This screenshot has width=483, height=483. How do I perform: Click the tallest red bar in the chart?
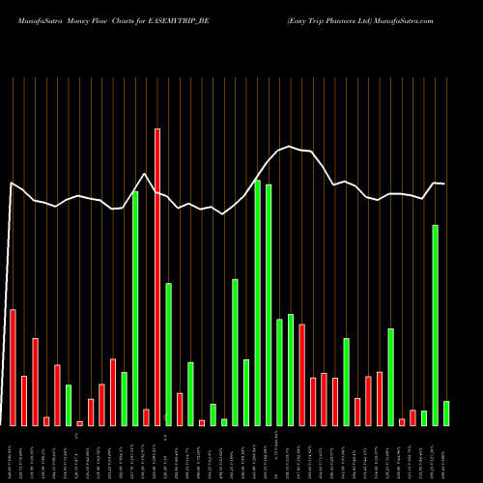[157, 276]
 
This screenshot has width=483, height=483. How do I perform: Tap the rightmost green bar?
[446, 413]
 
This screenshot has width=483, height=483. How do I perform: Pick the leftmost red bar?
[13, 367]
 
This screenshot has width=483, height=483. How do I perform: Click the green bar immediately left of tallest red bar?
[135, 308]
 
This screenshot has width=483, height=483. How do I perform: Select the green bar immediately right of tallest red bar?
[168, 354]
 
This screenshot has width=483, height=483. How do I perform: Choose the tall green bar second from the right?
[435, 325]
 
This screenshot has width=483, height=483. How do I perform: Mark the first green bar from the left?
[69, 405]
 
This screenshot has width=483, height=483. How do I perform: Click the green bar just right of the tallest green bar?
[269, 304]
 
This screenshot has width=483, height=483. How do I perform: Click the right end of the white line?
[445, 184]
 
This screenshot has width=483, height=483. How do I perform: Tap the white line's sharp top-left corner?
[12, 183]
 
